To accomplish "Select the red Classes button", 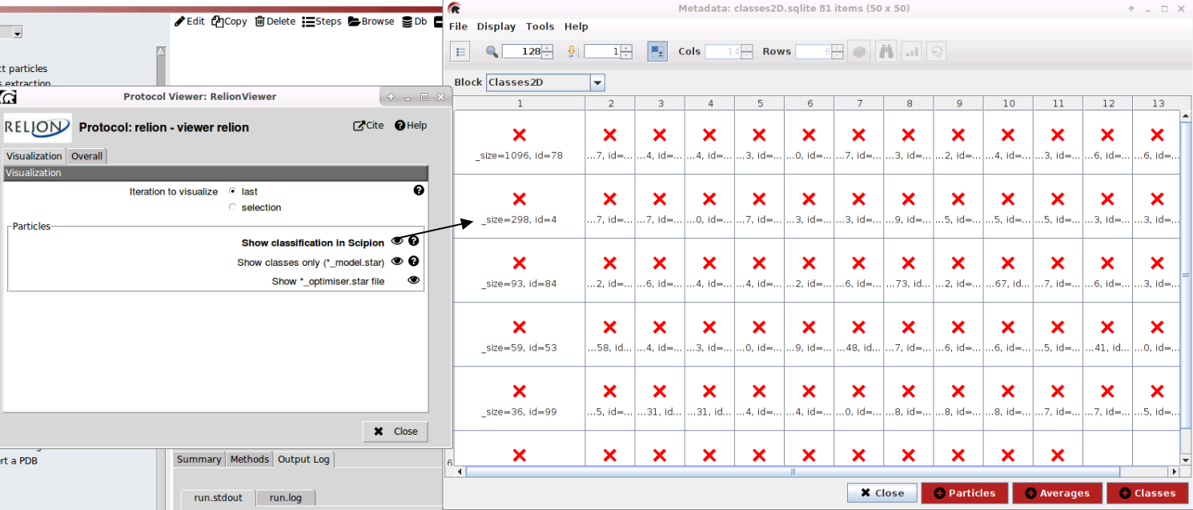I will [x=1147, y=493].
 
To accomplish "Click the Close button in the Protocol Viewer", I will [x=396, y=432].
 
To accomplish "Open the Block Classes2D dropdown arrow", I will [x=596, y=82].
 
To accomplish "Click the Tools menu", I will [x=540, y=26].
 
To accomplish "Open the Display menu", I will [x=496, y=26].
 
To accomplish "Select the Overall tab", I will [x=86, y=156].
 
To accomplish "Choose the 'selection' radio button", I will [x=233, y=207].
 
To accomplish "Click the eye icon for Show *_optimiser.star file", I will [x=413, y=280].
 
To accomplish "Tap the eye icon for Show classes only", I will [x=397, y=261].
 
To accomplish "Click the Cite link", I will [x=369, y=126].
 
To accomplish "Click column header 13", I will [x=1157, y=103].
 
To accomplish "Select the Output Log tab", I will [x=303, y=460].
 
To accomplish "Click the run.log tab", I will [x=285, y=498].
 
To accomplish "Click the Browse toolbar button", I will [x=372, y=22].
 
